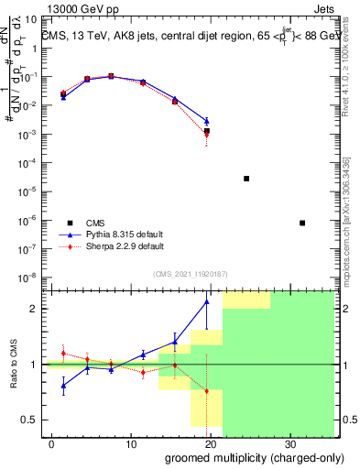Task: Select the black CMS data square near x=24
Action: [246, 179]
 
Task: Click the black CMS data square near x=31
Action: [302, 223]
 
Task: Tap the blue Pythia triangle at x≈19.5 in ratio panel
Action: [206, 301]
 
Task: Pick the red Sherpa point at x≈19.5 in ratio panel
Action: [206, 391]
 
